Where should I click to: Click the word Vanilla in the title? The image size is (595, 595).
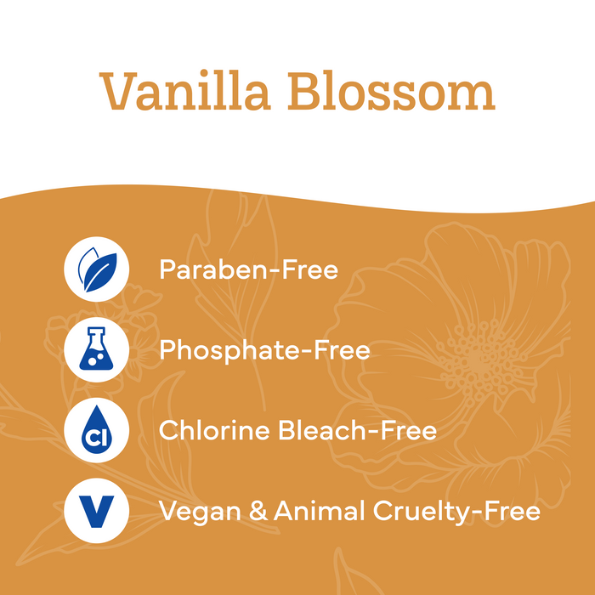[184, 91]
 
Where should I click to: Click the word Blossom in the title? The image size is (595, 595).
[391, 91]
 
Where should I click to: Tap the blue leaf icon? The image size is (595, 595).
[97, 269]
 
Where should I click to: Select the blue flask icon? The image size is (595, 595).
[96, 348]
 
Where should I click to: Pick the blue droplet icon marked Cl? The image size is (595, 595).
[96, 429]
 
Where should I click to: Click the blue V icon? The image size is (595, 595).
[96, 511]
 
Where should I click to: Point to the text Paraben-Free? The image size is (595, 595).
[248, 269]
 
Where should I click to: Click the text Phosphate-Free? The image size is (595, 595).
[264, 350]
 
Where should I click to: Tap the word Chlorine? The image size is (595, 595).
[214, 430]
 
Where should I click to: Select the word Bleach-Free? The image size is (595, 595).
[357, 430]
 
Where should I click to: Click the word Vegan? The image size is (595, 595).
[200, 512]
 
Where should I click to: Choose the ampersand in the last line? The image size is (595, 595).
[258, 511]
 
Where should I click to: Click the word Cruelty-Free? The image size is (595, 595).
[456, 512]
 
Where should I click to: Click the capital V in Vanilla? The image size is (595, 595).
[118, 91]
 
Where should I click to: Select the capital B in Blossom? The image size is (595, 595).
[304, 91]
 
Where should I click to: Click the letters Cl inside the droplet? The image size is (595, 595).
[96, 438]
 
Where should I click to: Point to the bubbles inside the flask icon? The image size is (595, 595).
[94, 359]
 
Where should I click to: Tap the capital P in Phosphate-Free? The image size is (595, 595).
[167, 349]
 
